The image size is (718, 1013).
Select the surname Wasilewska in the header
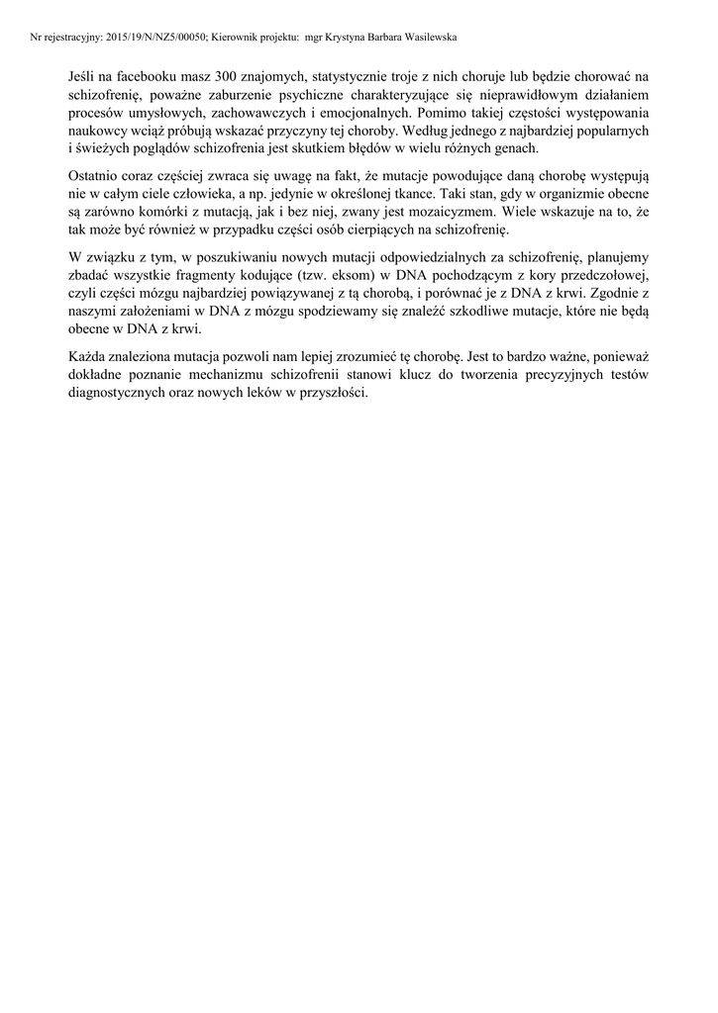point(424,37)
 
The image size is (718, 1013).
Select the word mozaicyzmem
point(451,212)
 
